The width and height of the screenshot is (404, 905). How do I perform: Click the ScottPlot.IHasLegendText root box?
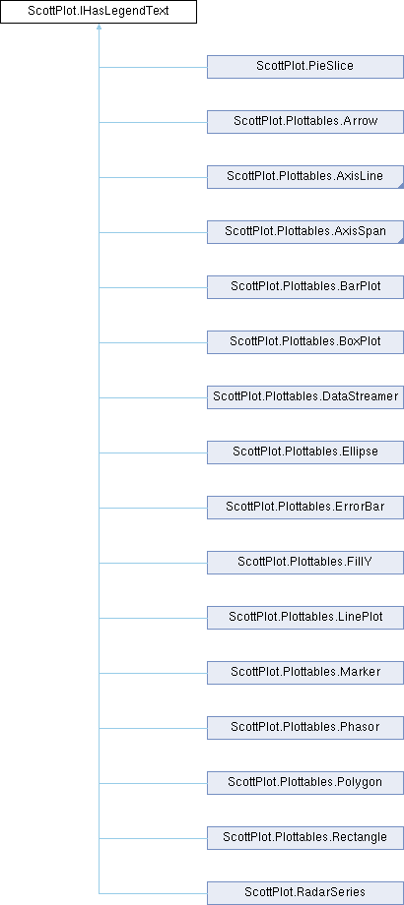(99, 12)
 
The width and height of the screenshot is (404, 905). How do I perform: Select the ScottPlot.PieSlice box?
(305, 66)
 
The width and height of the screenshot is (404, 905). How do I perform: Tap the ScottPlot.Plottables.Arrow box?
(305, 122)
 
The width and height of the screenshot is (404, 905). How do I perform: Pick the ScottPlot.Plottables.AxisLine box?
(305, 177)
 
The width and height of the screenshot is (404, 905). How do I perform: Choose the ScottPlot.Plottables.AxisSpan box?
(305, 232)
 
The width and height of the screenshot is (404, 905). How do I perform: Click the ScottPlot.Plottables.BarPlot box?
(305, 287)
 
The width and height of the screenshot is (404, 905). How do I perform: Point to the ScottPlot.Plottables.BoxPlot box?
(305, 342)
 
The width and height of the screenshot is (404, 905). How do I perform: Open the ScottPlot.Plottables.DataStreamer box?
(305, 397)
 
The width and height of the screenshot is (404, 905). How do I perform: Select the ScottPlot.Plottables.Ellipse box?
(305, 452)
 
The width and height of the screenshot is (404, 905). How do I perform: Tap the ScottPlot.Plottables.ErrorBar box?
(305, 508)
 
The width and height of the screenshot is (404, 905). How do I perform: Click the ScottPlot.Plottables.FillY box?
(305, 563)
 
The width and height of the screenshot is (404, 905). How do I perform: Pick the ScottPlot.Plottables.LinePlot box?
(305, 618)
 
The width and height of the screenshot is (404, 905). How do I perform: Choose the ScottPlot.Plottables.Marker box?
(305, 673)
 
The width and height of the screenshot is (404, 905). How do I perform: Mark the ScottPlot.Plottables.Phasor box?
(305, 728)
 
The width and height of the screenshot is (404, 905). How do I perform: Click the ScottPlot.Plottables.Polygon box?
(305, 783)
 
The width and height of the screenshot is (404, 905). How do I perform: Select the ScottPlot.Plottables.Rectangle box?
(305, 838)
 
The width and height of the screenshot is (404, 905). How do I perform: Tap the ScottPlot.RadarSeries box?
(305, 893)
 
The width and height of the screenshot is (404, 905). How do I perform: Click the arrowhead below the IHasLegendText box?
(99, 27)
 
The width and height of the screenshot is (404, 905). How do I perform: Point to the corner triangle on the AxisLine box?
(400, 185)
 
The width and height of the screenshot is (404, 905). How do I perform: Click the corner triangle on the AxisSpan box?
(400, 240)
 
